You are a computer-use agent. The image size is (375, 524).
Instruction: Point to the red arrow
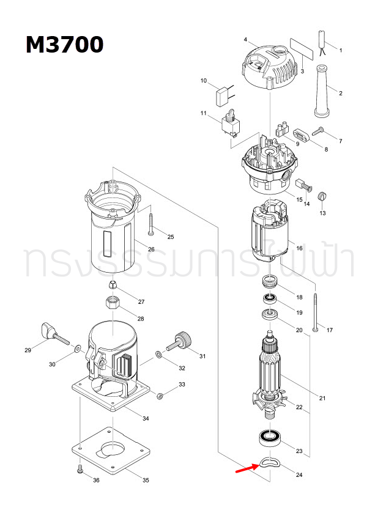click(x=247, y=468)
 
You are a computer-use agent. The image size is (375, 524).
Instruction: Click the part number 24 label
click(x=299, y=475)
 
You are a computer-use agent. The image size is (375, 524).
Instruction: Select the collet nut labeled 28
click(x=112, y=302)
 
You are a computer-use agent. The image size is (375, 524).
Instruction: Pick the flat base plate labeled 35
click(x=113, y=451)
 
